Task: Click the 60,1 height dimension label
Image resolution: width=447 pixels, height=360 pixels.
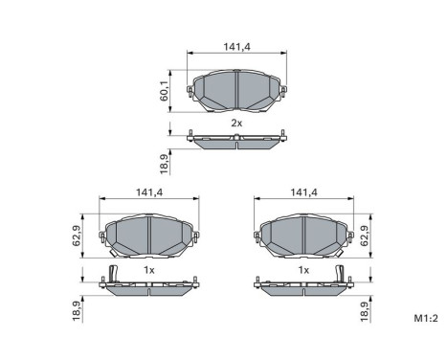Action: (164, 90)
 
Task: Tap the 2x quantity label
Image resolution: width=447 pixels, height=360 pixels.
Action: (235, 124)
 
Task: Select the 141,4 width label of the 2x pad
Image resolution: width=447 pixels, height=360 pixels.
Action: (235, 44)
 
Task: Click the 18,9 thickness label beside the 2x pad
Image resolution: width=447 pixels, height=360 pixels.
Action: (164, 163)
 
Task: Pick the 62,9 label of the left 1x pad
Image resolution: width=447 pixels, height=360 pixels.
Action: (77, 234)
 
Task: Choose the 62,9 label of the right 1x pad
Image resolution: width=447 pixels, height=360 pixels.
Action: (364, 234)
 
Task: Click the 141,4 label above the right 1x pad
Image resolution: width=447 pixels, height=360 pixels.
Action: (303, 192)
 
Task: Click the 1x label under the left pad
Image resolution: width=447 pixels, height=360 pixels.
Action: (149, 270)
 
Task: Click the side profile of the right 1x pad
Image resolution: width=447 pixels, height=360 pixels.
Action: (302, 285)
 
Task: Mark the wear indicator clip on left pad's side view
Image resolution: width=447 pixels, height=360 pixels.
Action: (112, 276)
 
